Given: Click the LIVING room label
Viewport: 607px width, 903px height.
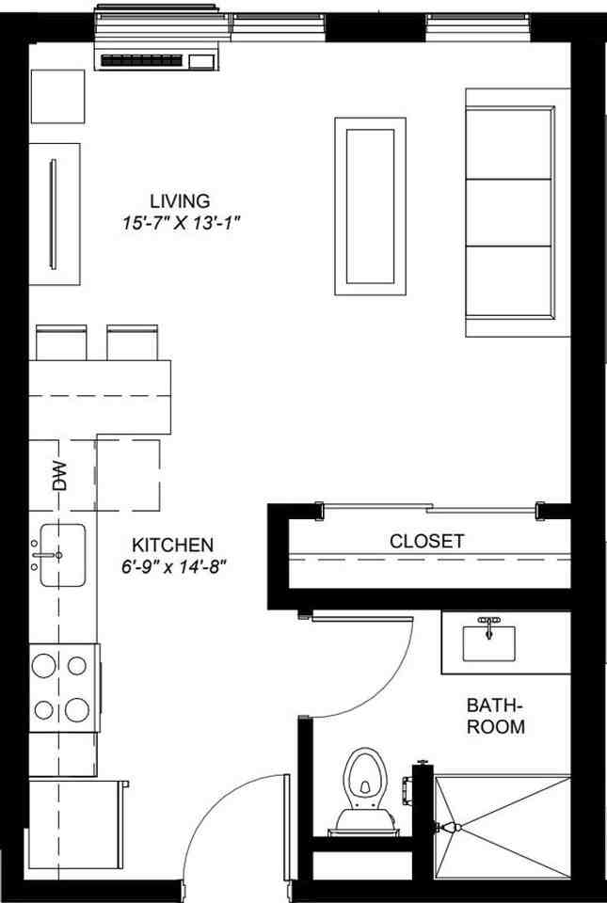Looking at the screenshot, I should pyautogui.click(x=179, y=200).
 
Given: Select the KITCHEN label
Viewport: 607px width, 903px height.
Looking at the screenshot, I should pyautogui.click(x=172, y=545).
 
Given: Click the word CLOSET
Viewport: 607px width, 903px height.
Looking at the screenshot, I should pyautogui.click(x=426, y=542).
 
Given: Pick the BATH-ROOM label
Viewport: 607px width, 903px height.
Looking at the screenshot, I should pyautogui.click(x=495, y=716).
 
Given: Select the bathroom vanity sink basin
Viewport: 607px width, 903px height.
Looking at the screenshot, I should pyautogui.click(x=488, y=643).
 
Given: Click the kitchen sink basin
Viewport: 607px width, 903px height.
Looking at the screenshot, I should pyautogui.click(x=62, y=555).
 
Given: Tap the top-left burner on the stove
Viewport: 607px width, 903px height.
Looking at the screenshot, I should pyautogui.click(x=45, y=666).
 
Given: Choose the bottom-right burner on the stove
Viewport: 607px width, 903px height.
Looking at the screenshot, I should pyautogui.click(x=80, y=708).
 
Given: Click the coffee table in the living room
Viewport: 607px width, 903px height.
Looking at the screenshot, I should pyautogui.click(x=370, y=205).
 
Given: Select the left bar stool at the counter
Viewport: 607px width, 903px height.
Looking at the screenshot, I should pyautogui.click(x=61, y=341).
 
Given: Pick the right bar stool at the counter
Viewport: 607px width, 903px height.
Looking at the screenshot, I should pyautogui.click(x=132, y=341).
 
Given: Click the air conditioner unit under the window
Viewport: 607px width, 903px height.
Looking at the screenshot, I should pyautogui.click(x=159, y=58).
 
